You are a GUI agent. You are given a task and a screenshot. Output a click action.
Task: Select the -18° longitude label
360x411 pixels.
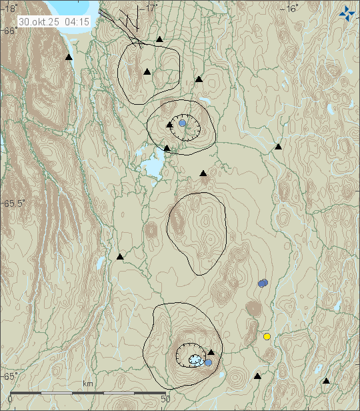[9, 8]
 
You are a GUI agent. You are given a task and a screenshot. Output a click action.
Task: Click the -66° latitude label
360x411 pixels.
[9, 31]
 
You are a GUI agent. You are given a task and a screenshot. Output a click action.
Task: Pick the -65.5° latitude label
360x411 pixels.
[13, 203]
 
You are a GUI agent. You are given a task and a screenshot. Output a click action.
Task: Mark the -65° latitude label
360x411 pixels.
[9, 376]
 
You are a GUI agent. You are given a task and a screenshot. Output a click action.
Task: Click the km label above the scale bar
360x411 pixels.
[87, 384]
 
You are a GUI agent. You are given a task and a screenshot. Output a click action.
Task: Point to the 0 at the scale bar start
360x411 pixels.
[10, 399]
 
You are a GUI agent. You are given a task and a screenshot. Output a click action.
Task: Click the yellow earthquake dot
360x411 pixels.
[267, 336]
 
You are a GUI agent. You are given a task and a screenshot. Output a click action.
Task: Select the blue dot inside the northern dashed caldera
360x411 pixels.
[182, 123]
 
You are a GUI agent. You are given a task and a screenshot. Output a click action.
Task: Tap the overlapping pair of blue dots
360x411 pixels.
[263, 283]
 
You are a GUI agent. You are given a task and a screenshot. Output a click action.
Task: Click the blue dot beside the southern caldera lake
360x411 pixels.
[208, 362]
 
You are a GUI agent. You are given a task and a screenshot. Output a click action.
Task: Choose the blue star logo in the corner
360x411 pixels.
[346, 12]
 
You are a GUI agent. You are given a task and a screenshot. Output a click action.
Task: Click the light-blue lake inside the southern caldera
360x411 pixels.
[195, 360]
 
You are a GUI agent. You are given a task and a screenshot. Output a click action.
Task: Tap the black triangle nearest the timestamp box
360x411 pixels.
[69, 58]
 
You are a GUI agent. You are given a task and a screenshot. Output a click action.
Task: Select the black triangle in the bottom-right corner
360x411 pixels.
[326, 381]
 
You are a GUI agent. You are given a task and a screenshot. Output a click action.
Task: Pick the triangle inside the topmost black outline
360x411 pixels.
[147, 71]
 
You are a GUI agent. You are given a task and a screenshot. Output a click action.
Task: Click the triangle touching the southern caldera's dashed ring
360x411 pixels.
[211, 352]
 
